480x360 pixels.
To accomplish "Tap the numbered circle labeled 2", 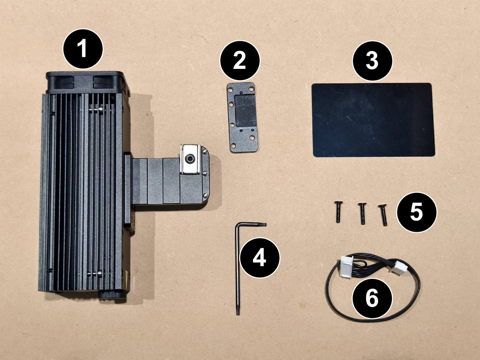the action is point(240,60).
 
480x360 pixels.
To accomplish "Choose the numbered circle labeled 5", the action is point(416,212).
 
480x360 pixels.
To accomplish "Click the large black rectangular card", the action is point(373,120).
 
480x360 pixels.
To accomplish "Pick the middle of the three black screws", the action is point(362,213).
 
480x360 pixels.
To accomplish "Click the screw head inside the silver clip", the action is point(189,159).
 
